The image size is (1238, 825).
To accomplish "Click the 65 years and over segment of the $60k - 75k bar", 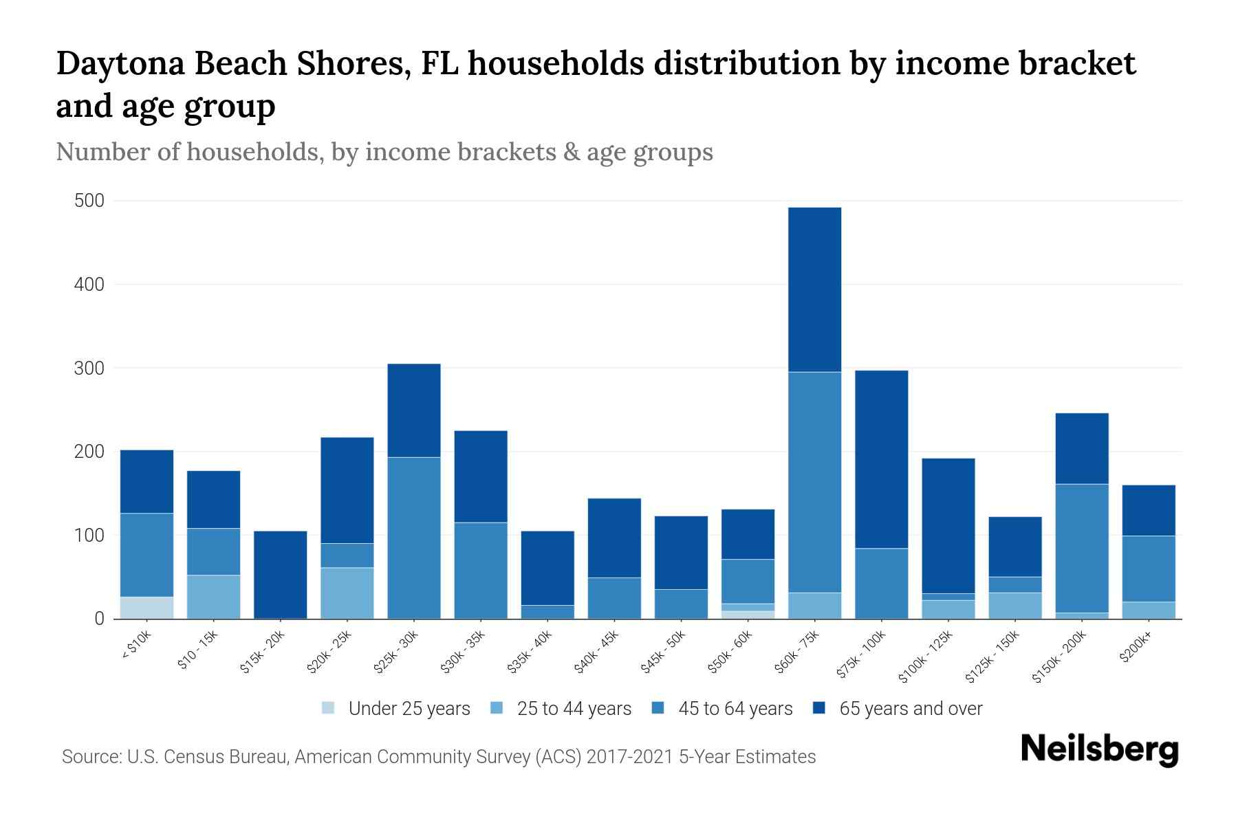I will coord(814,289).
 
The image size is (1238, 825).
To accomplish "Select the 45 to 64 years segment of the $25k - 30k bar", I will coord(414,538).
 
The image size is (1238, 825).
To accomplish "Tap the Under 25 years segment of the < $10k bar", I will coord(146,607).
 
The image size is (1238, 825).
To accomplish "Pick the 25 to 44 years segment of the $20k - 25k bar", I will coord(347,593).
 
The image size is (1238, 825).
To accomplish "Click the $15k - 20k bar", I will coord(281,574).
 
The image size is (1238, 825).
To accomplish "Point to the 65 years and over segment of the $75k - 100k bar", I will coord(881,459).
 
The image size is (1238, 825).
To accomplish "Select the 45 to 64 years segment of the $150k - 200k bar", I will coord(1082,548).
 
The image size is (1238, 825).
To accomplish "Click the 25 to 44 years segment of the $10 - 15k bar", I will coord(214,597).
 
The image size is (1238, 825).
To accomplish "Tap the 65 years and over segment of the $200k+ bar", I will coord(1149,510).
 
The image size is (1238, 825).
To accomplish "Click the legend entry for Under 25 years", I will coord(397,709).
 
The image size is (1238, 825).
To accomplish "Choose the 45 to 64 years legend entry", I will coord(722,709).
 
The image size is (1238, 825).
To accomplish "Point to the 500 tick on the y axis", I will coord(89,201).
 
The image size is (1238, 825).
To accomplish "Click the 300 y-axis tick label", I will coord(89,368).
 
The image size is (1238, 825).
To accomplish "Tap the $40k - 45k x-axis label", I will coord(598,652).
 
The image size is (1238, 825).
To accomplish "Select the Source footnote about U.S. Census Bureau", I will coord(439,757).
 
